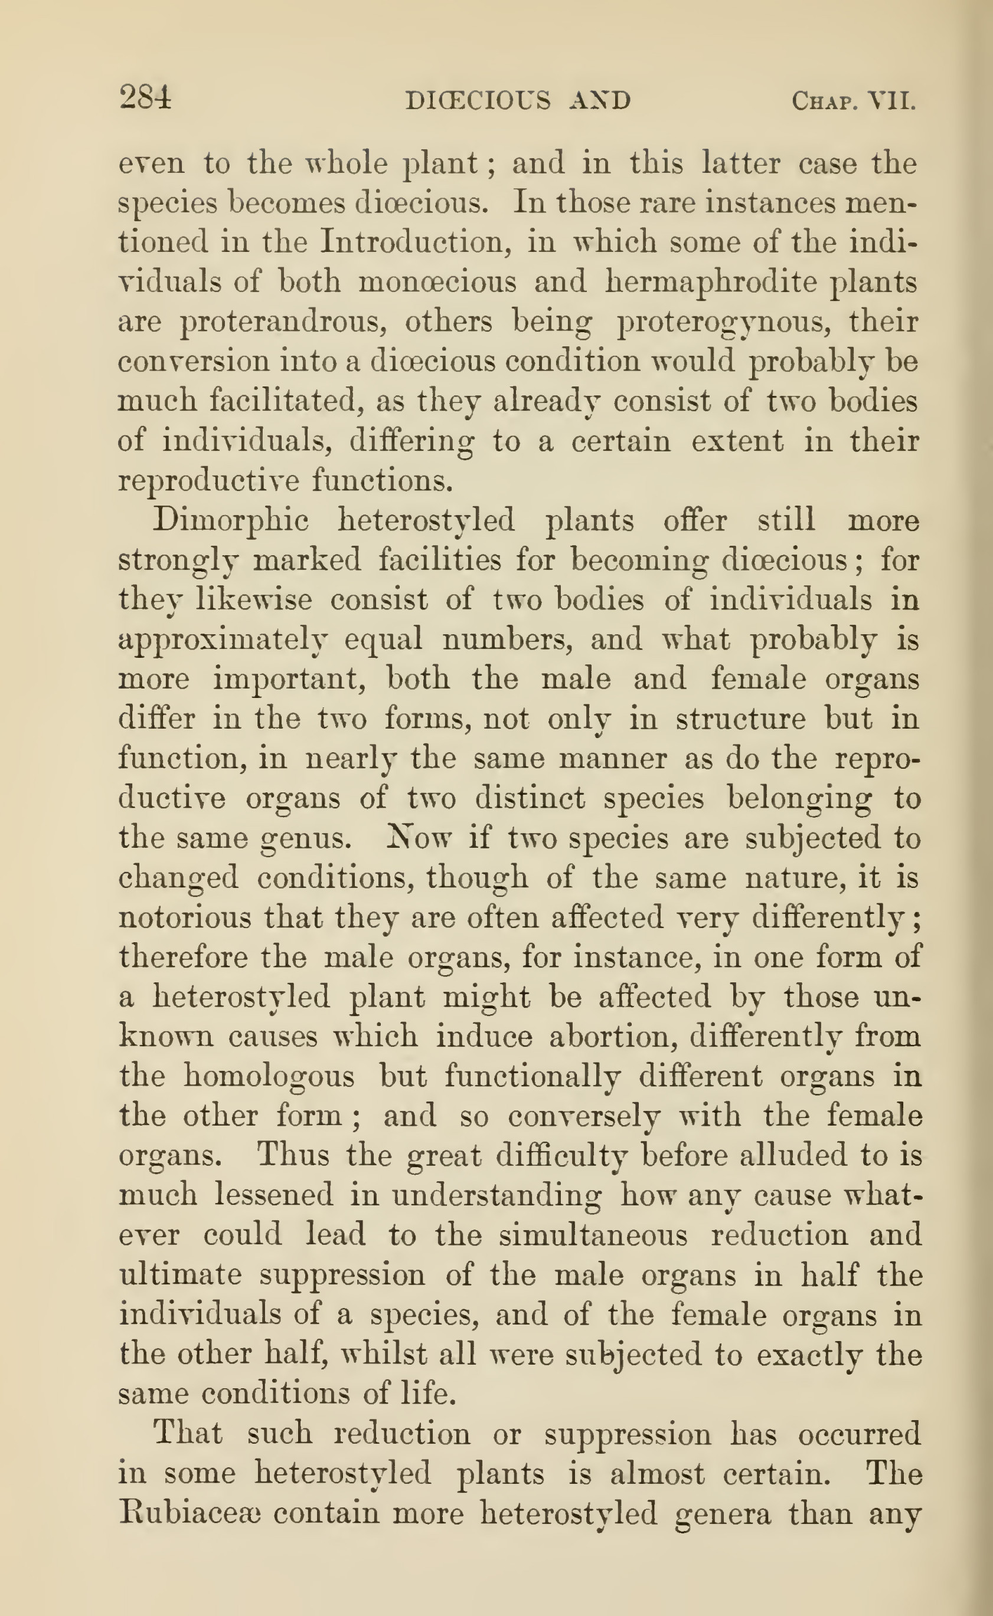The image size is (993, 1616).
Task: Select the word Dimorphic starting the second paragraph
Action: tap(230, 520)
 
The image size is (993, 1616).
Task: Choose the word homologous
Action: tap(269, 1077)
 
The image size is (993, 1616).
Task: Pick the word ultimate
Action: tap(180, 1274)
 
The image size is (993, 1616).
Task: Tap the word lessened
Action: tap(274, 1195)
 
